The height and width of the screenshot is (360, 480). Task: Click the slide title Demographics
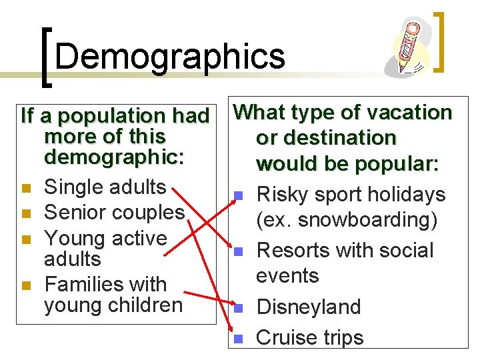point(170,56)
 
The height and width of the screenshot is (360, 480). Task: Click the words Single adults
point(105,187)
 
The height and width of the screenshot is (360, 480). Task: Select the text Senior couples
point(113,212)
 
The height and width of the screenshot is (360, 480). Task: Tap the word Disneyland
point(308,307)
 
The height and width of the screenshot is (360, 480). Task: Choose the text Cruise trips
point(310,337)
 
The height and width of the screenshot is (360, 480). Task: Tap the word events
point(288,275)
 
